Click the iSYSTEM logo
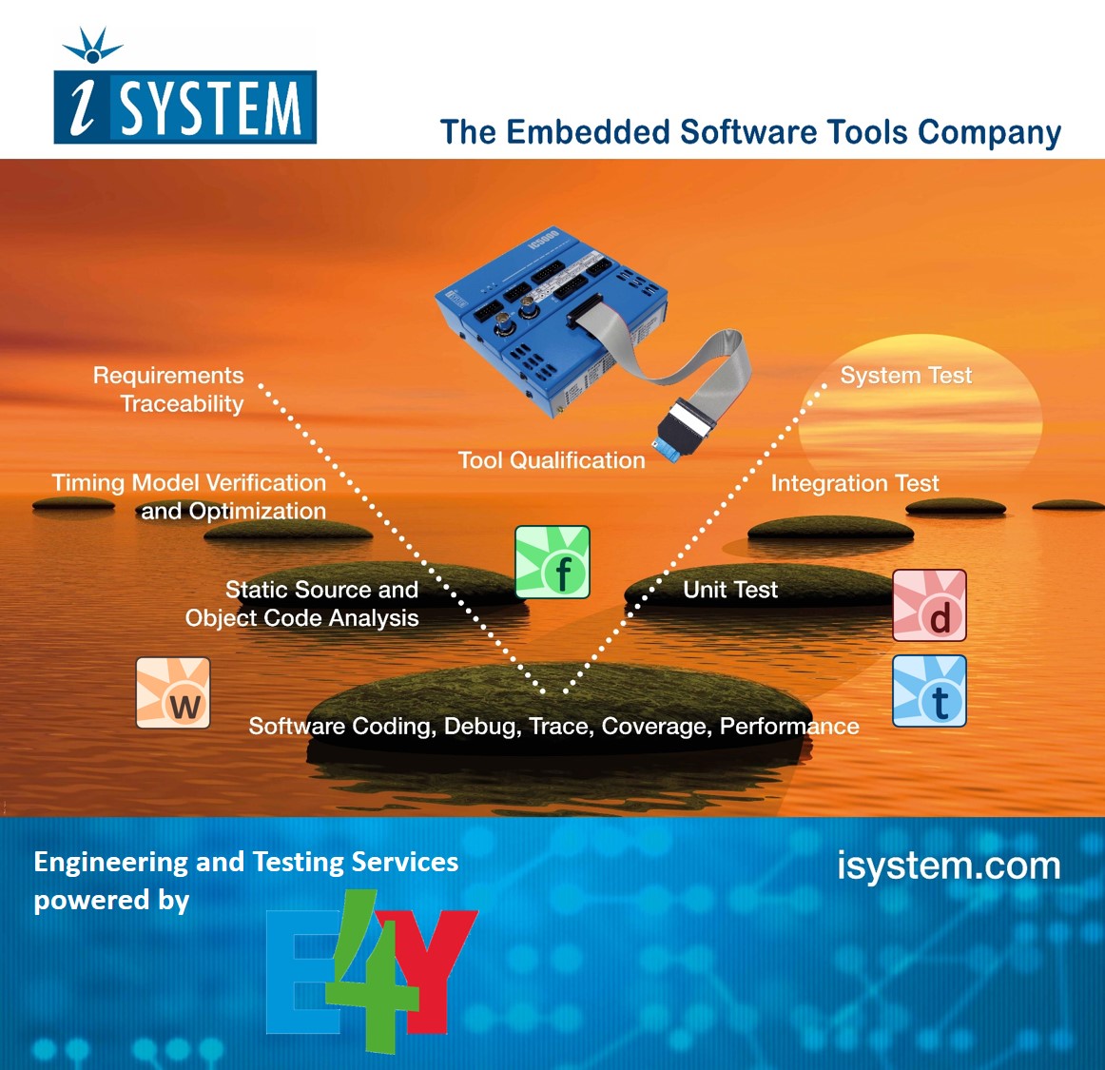185,107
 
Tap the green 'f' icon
552,562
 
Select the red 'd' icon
929,606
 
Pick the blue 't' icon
929,691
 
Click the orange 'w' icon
173,692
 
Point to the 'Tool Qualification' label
552,460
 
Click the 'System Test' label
905,376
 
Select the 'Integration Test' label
854,483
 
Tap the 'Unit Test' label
729,590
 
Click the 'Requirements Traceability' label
169,390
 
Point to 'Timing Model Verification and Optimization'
190,496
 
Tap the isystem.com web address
948,866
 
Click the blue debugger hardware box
542,314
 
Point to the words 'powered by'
111,900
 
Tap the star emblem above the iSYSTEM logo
92,46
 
